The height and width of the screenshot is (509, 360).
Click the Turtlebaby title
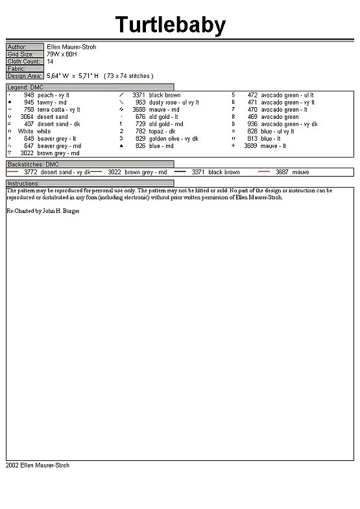pos(171,25)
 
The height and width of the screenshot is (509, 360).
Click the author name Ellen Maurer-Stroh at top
pos(71,47)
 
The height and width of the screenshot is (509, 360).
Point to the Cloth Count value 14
pos(50,61)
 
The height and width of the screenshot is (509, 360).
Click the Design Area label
pos(25,76)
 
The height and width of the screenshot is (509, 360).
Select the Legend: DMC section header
pos(25,87)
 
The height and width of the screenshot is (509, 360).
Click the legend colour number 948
pos(29,95)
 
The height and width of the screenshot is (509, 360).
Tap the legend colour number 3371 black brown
pos(139,95)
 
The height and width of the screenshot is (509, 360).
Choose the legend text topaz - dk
pos(162,132)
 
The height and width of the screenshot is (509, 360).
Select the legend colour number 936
pos(252,124)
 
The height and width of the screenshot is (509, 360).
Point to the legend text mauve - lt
pos(274,146)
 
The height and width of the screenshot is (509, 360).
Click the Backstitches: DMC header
pos(32,165)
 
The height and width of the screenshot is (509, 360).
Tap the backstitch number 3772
pos(30,173)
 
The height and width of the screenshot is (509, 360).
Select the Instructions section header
pos(23,184)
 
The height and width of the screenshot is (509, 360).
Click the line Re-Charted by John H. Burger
pos(43,212)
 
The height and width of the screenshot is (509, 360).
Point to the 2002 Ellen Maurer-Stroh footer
pos(38,466)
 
